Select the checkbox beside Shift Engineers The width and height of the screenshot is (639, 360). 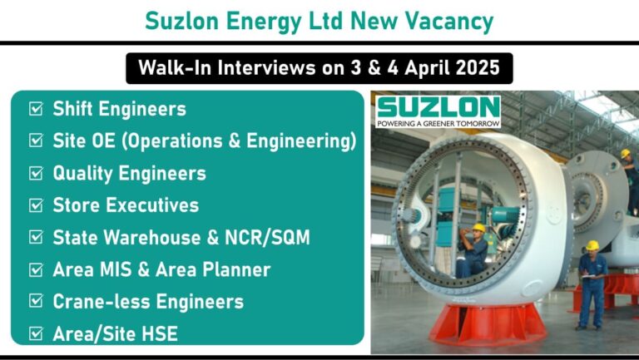tap(36, 109)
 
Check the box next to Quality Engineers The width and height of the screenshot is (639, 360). tap(36, 173)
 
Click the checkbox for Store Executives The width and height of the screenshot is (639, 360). tap(36, 205)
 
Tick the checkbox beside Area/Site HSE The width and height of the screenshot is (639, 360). tap(36, 333)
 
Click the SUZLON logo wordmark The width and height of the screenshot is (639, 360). tap(438, 108)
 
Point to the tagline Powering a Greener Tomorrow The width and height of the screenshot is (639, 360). tap(438, 123)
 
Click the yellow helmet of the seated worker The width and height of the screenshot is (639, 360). tap(479, 228)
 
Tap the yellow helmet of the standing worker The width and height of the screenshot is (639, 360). tap(592, 245)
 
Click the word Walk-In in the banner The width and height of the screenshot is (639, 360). tap(176, 67)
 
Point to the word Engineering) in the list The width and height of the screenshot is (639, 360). tap(301, 141)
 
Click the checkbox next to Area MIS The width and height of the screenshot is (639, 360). tap(36, 269)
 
